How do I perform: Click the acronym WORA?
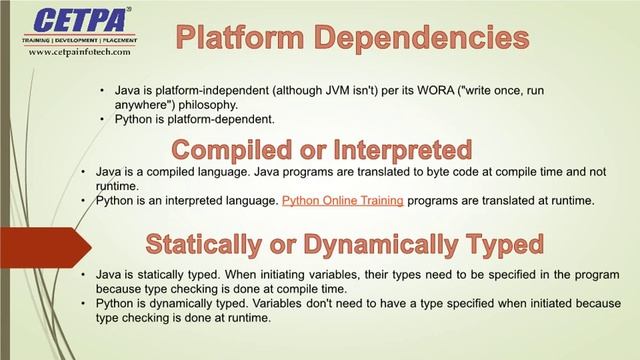435,91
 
